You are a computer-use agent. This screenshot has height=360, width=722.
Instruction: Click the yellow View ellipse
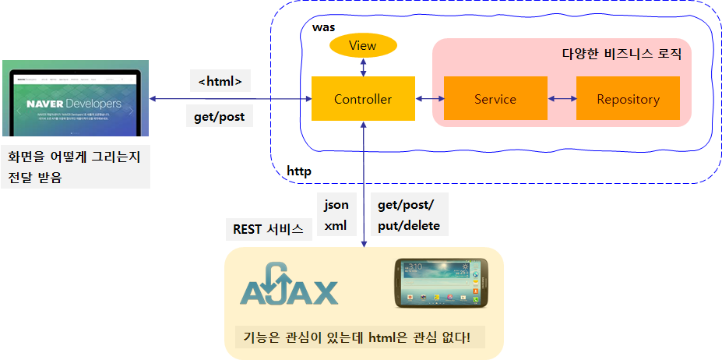(x=363, y=46)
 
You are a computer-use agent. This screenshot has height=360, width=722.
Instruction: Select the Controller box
(x=363, y=99)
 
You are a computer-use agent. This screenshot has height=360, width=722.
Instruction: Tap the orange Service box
(x=495, y=99)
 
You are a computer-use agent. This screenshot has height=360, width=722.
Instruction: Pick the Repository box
(x=628, y=99)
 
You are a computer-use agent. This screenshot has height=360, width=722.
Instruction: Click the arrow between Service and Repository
(x=562, y=99)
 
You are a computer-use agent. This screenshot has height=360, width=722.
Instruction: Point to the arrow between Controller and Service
(x=429, y=99)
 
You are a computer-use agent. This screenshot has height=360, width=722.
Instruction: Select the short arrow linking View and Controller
(x=363, y=69)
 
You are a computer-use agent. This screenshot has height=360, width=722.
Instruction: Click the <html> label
(x=220, y=81)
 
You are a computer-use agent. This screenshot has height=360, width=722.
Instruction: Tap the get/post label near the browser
(x=220, y=117)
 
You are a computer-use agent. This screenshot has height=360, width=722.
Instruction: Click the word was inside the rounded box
(x=323, y=27)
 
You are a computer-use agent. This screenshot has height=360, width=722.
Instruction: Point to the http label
(x=299, y=171)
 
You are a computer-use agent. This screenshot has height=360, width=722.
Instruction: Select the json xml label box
(x=336, y=215)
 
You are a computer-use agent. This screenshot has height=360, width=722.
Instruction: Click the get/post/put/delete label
(x=409, y=215)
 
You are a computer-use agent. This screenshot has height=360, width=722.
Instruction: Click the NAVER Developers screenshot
(x=76, y=99)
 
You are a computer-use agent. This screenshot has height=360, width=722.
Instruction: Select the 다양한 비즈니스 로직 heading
(x=622, y=54)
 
